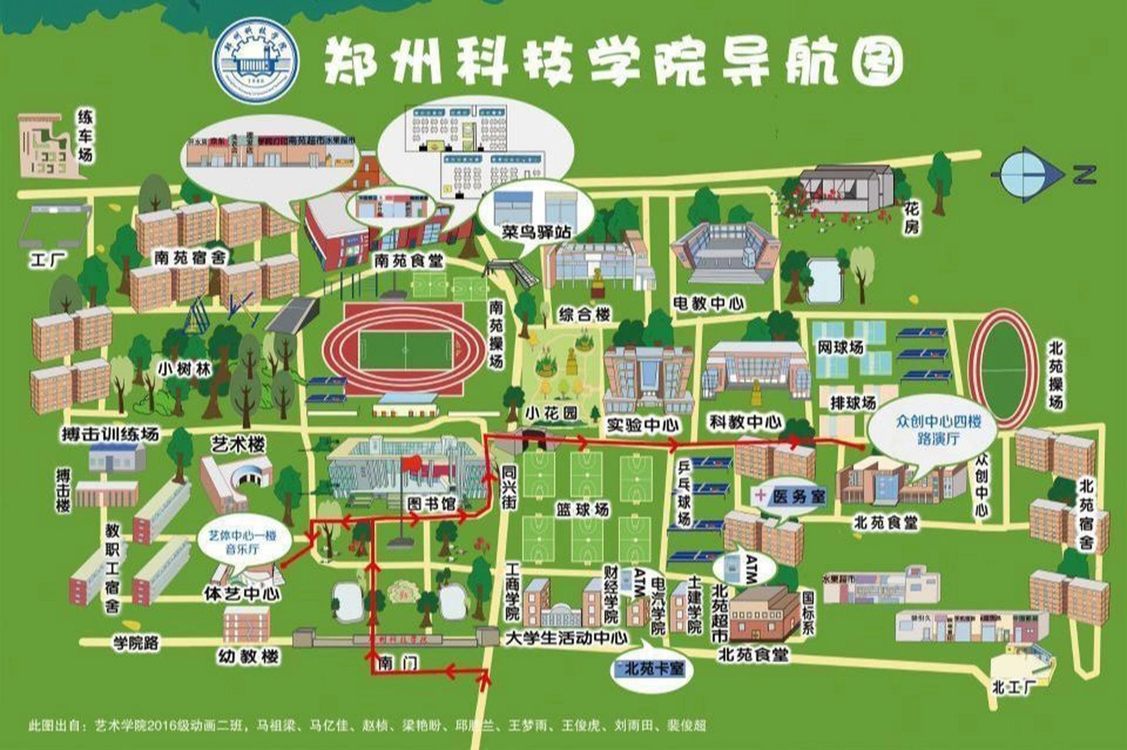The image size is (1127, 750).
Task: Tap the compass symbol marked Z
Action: [x=1033, y=175]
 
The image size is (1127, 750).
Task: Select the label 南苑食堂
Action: [x=408, y=261]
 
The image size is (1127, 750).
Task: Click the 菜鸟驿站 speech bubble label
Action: [x=536, y=232]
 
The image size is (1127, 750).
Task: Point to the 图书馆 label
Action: [x=432, y=503]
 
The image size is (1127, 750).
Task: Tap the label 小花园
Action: [x=551, y=414]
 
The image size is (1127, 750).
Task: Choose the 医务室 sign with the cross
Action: [x=791, y=496]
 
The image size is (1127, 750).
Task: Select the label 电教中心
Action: [x=709, y=303]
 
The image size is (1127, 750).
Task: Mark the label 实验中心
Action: [x=643, y=425]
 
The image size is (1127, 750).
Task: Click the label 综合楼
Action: [x=585, y=314]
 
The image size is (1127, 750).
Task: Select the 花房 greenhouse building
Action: [x=847, y=189]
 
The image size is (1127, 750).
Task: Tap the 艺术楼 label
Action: [x=238, y=445]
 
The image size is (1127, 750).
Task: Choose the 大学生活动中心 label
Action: [x=566, y=638]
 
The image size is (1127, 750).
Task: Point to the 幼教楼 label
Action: [x=248, y=656]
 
